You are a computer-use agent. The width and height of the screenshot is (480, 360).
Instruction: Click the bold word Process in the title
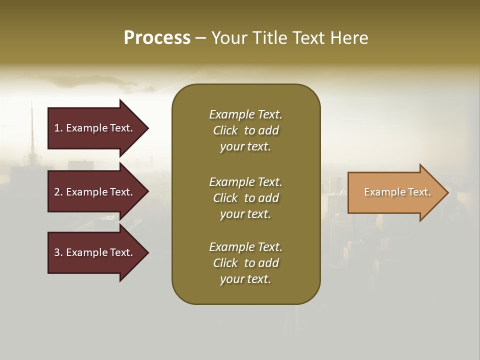[157, 38]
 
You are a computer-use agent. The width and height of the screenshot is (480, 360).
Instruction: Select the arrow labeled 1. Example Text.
[95, 128]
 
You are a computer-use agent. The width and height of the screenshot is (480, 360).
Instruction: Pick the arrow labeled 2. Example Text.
[95, 192]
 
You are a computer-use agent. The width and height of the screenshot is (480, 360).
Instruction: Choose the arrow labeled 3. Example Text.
[95, 252]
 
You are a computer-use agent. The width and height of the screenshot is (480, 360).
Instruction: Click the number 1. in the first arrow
[58, 128]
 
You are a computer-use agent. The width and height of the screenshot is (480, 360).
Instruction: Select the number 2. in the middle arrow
[58, 192]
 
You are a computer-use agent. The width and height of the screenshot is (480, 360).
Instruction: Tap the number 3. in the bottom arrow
[58, 252]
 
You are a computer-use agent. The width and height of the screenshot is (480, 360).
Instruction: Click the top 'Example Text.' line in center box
[245, 114]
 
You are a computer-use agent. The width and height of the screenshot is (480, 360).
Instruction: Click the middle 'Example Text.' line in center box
[245, 182]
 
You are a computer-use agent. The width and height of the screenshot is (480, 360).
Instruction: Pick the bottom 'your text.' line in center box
[245, 279]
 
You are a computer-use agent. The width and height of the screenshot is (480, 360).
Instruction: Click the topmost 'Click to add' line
[245, 130]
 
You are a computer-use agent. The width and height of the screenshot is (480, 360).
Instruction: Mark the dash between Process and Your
[201, 38]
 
